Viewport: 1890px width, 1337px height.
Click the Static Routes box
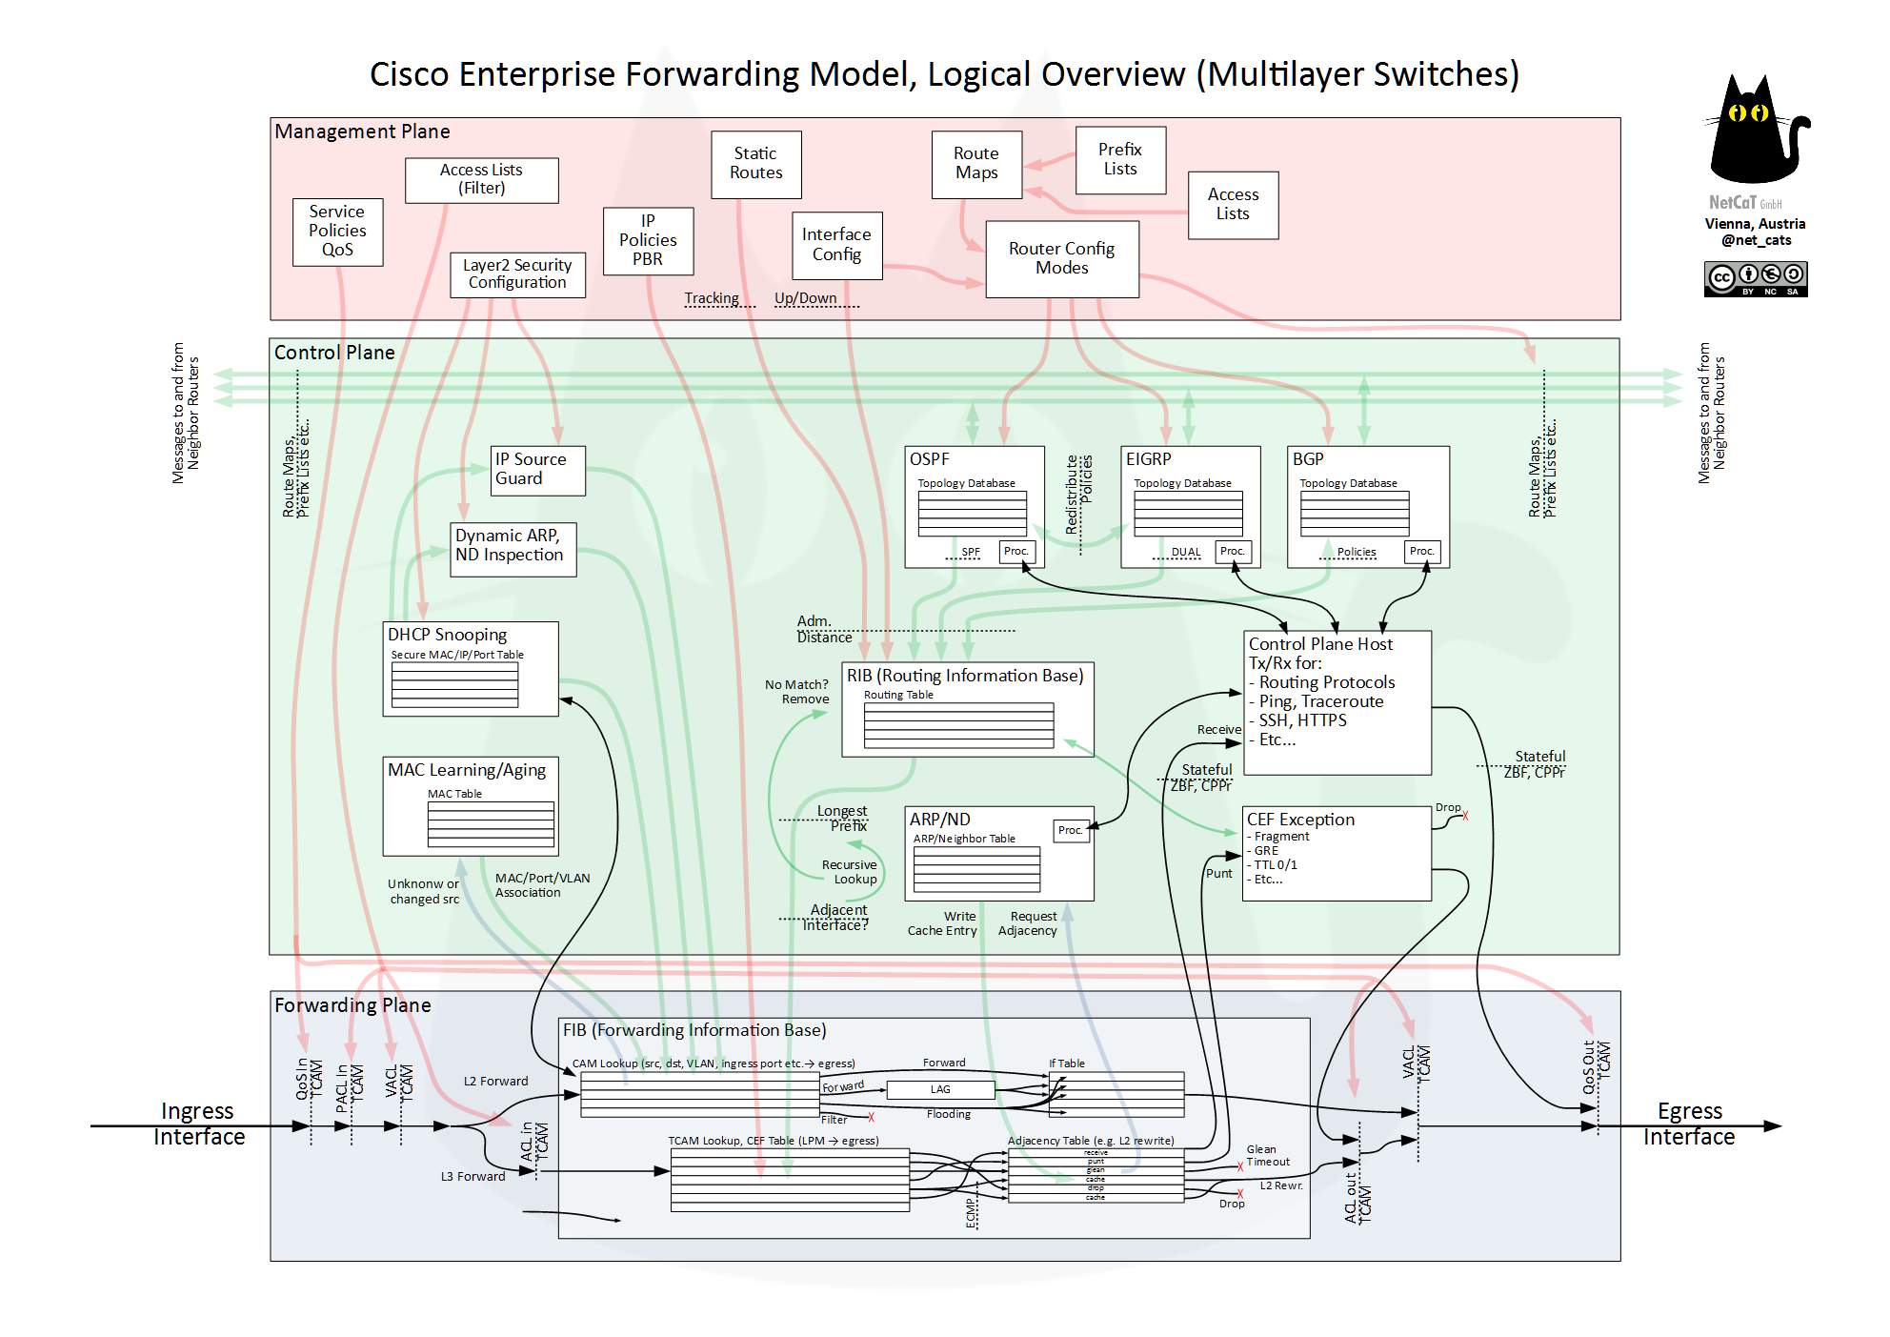click(755, 164)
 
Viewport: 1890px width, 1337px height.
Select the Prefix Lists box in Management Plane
click(1120, 159)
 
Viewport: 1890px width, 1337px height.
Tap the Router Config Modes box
click(1061, 258)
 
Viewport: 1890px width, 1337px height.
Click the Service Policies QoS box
click(337, 231)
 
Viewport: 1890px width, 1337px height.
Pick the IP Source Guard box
click(537, 470)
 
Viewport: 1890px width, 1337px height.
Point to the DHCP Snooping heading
click(447, 635)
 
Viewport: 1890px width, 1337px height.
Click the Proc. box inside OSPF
click(1015, 551)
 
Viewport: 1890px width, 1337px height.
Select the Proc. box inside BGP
click(1421, 551)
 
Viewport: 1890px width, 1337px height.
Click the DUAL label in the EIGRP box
click(1185, 552)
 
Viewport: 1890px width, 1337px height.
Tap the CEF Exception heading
click(1300, 820)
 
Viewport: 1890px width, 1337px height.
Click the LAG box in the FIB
click(940, 1089)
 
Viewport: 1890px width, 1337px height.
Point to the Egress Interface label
click(1689, 1124)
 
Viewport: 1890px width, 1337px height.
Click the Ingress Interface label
click(198, 1124)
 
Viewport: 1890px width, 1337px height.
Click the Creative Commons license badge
click(1755, 279)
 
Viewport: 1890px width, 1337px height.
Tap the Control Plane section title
click(334, 353)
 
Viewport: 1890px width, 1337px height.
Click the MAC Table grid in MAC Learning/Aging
click(491, 824)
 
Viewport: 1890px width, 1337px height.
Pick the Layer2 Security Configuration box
click(517, 274)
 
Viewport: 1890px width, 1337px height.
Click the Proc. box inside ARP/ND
click(1071, 830)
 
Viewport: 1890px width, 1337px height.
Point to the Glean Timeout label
click(1268, 1155)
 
